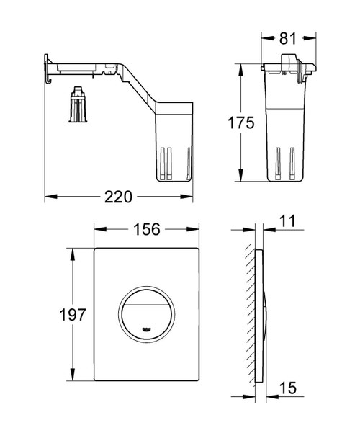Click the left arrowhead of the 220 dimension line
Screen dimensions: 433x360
[x=48, y=195]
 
